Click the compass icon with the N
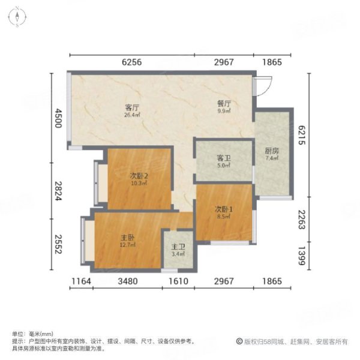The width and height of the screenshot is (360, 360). pyautogui.click(x=19, y=17)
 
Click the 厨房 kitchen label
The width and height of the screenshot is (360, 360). pyautogui.click(x=271, y=151)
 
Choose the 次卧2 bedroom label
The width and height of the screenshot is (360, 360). pyautogui.click(x=139, y=176)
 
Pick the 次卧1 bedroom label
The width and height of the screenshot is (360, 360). pyautogui.click(x=224, y=209)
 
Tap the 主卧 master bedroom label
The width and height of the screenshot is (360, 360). pyautogui.click(x=127, y=238)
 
